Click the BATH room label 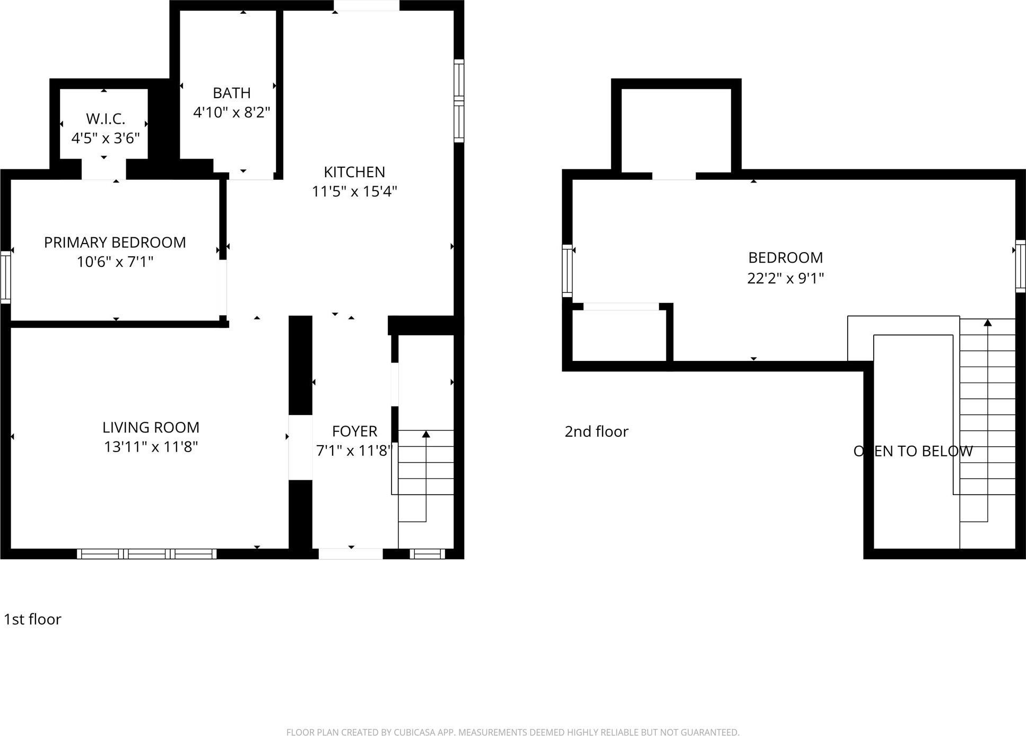click(x=231, y=93)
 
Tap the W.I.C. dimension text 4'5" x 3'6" click(x=106, y=138)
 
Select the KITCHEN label click(x=354, y=172)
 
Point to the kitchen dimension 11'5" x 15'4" click(x=354, y=191)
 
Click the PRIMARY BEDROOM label click(x=115, y=243)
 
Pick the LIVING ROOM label click(x=151, y=427)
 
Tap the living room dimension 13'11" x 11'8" click(x=151, y=447)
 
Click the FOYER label click(x=354, y=431)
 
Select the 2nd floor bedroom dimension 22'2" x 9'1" click(x=785, y=278)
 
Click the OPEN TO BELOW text click(x=912, y=451)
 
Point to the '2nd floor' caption click(x=596, y=431)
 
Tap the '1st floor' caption click(x=32, y=619)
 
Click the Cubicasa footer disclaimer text click(x=512, y=732)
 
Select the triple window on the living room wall click(x=147, y=554)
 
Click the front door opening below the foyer click(x=351, y=554)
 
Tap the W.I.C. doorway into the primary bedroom click(x=103, y=170)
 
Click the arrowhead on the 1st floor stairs click(x=426, y=435)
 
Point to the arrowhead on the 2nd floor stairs click(x=987, y=323)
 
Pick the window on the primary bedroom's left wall click(x=6, y=277)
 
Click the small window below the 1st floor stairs click(x=428, y=554)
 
